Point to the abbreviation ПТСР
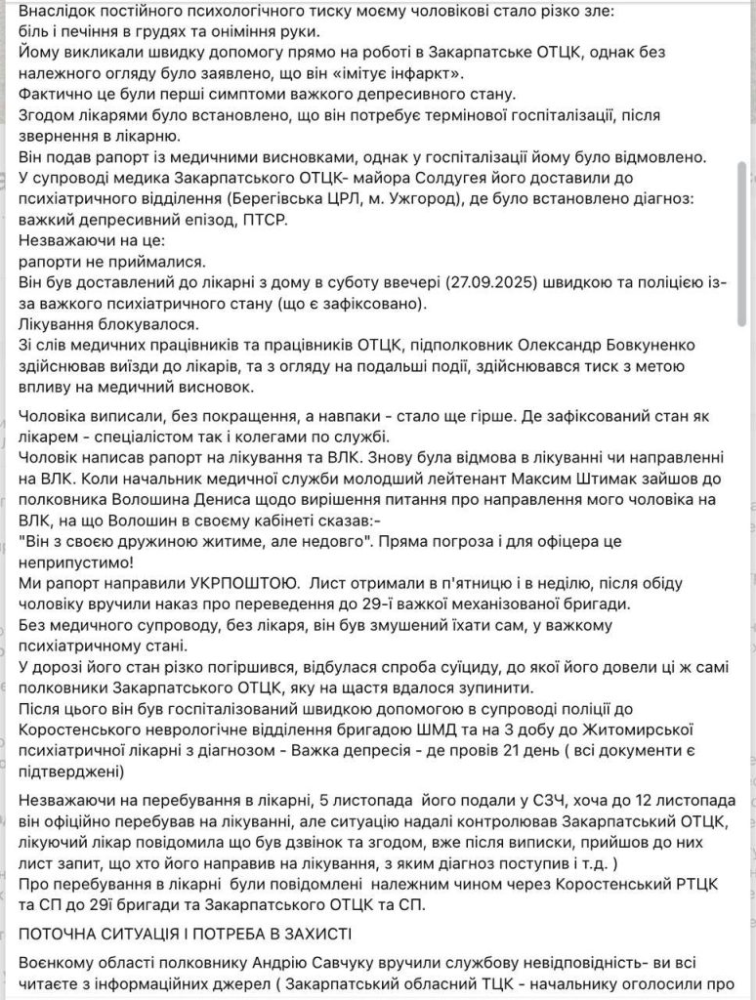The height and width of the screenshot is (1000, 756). point(268,221)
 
